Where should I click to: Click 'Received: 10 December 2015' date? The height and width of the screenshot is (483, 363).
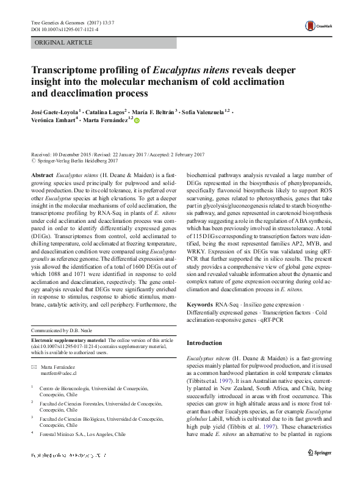tap(64, 155)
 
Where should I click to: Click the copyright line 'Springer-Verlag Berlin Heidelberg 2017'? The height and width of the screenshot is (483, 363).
tap(71, 162)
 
